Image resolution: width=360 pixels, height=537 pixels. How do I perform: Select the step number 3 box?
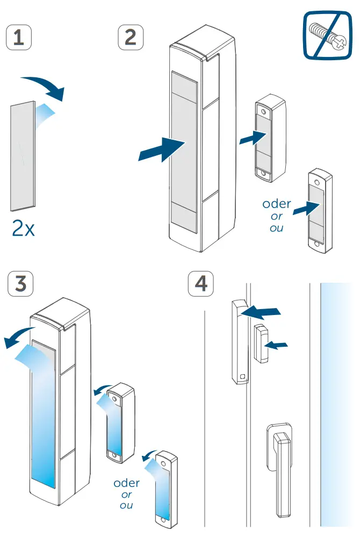(x=20, y=283)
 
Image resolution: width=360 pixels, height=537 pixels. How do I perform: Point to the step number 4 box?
(x=200, y=283)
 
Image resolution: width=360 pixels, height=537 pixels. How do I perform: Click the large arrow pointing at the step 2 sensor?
(x=161, y=149)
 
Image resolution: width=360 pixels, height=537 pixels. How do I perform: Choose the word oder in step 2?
(x=276, y=204)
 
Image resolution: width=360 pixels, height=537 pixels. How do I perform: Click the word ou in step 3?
(x=126, y=506)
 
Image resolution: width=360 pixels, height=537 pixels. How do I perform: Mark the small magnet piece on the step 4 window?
(x=261, y=343)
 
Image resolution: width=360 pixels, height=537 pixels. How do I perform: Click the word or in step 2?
(x=277, y=217)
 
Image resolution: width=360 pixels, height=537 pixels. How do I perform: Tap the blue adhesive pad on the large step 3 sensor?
(x=44, y=419)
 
